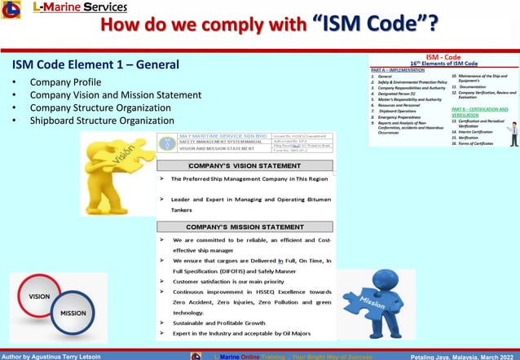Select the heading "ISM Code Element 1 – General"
tap(96, 64)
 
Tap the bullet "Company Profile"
tap(65, 82)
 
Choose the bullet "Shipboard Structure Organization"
tap(102, 121)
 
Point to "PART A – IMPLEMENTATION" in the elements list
tap(399, 70)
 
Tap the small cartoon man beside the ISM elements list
tap(513, 134)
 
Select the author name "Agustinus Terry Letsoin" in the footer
tap(64, 356)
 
